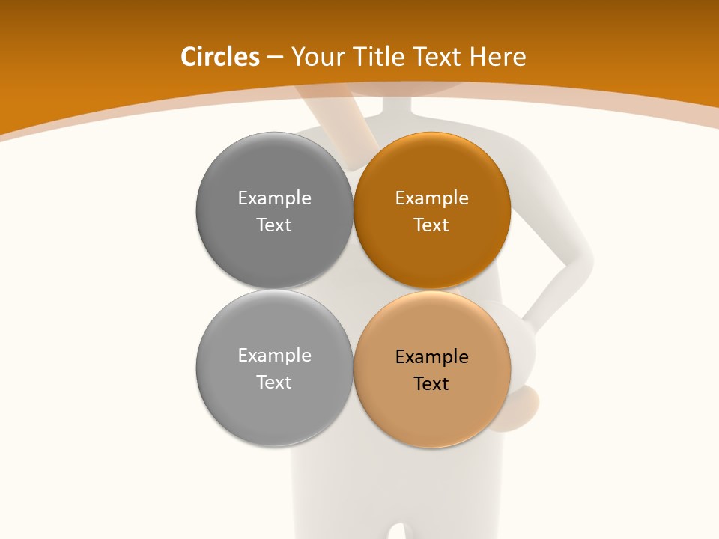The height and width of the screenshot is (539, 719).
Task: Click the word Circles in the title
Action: point(220,57)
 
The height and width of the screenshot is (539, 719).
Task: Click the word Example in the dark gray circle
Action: point(274,198)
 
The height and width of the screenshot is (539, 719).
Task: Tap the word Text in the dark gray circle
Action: point(274,225)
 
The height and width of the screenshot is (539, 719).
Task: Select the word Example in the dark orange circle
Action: point(431,198)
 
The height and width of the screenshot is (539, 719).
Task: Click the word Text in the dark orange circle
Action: point(431,225)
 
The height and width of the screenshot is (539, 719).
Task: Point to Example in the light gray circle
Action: point(274,355)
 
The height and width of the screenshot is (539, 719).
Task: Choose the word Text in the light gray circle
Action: point(274,382)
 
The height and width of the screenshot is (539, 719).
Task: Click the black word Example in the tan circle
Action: point(431,356)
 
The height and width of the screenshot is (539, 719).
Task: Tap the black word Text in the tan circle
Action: point(431,383)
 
